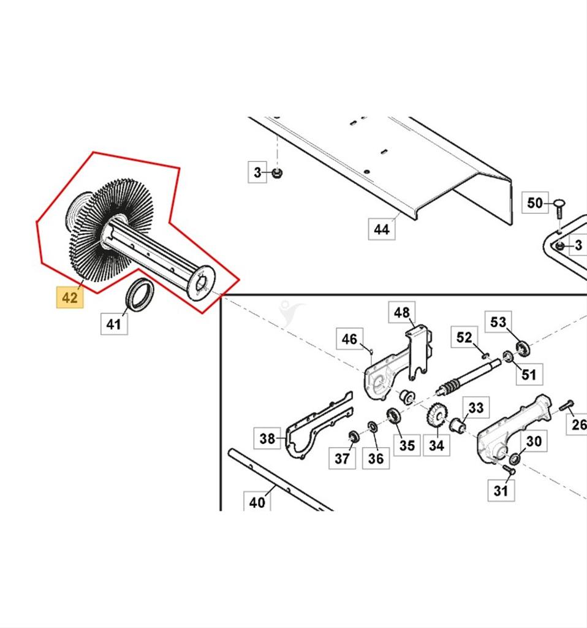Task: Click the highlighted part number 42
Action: click(x=70, y=297)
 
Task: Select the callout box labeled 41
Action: click(x=114, y=323)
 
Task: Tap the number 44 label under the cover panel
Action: click(x=381, y=229)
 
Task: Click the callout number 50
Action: click(x=535, y=202)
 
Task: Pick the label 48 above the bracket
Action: click(x=401, y=313)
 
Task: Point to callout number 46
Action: click(x=349, y=339)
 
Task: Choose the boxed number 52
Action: click(x=464, y=337)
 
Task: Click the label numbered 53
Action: click(x=498, y=322)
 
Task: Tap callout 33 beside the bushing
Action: click(x=475, y=407)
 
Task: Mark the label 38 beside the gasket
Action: click(x=267, y=438)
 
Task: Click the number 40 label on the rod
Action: click(x=257, y=502)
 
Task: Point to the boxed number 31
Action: click(x=501, y=490)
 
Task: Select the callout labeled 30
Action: click(x=534, y=441)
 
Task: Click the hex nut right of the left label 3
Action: click(x=276, y=174)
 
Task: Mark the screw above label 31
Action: click(x=507, y=469)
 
